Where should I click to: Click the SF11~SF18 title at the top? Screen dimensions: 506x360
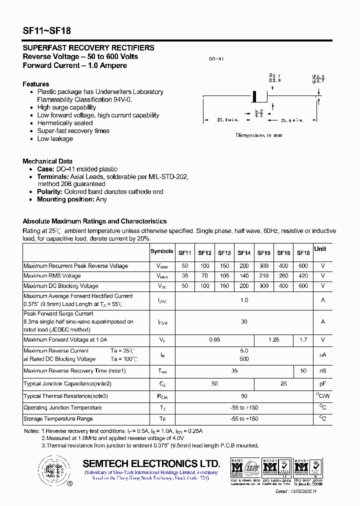point(47,30)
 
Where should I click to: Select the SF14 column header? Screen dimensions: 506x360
point(244,253)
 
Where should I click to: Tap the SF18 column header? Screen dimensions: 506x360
point(303,253)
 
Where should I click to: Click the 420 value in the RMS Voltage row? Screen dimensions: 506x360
point(303,275)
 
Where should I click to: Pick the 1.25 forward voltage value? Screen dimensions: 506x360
point(273,339)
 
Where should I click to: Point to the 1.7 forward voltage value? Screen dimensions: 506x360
point(303,339)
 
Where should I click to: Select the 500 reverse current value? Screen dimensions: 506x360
point(244,359)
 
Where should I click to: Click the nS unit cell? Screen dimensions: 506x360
point(322,371)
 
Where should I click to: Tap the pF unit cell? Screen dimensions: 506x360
point(322,384)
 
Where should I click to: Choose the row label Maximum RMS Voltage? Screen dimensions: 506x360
point(52,275)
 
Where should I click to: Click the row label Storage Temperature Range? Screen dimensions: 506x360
point(58,418)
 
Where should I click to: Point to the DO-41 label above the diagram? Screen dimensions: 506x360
point(216,59)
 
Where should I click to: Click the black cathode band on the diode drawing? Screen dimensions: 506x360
point(254,95)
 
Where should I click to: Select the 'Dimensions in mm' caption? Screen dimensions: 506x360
point(259,135)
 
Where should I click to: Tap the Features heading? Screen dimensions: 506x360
point(36,84)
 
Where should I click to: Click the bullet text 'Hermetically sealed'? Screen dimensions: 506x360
point(65,123)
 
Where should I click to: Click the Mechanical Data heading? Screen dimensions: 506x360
point(47,161)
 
